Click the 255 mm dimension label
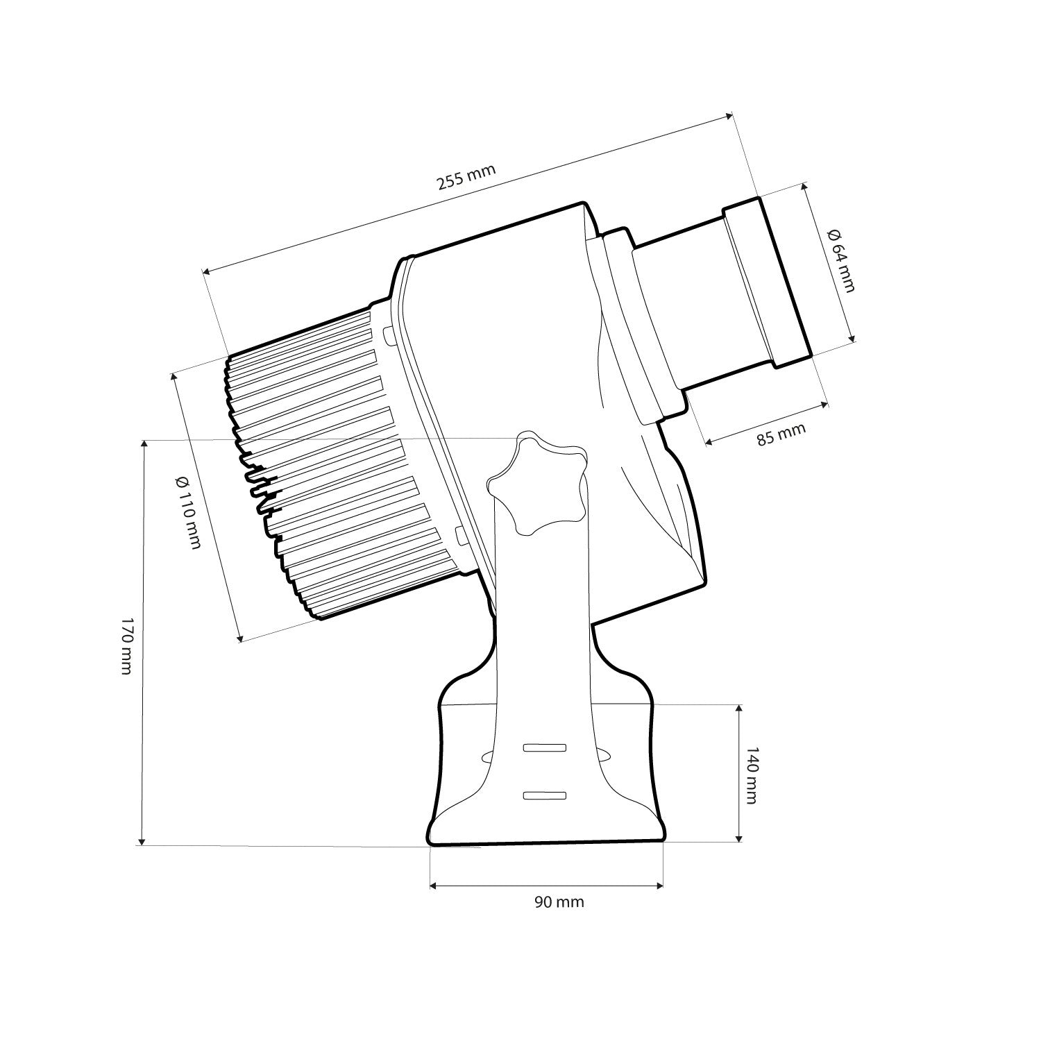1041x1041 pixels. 466,178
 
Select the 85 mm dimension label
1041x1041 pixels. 781,434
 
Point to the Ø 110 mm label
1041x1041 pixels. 188,512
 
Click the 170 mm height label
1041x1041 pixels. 126,645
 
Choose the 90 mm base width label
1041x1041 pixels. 559,902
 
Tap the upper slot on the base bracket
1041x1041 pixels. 545,747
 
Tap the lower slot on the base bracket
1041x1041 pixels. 545,795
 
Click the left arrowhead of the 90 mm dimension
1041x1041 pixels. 434,886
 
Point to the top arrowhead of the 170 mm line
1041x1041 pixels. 144,443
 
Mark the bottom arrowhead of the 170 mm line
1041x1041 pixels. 143,841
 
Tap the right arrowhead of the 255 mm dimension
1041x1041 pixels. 728,116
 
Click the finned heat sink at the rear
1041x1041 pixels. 326,472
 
